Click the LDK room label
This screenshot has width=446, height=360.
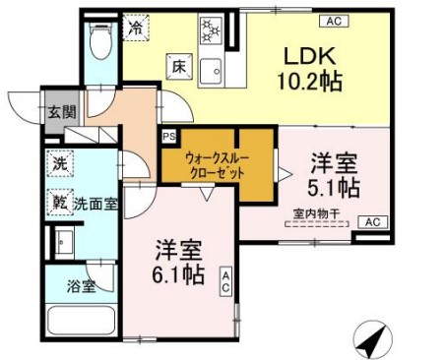314,56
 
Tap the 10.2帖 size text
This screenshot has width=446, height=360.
314,83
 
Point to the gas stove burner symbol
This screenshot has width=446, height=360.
210,29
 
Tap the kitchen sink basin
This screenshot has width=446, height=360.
211,68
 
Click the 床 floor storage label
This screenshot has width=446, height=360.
179,67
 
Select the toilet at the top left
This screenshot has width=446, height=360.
99,39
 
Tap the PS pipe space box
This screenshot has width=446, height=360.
168,137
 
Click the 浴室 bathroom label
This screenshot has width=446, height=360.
82,287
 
